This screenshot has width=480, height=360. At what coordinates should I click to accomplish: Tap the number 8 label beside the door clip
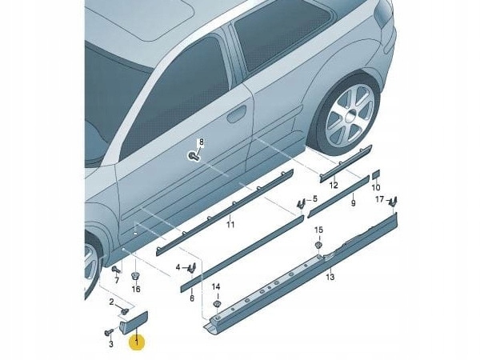point(202,142)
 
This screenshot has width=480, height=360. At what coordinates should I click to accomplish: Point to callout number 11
point(230,226)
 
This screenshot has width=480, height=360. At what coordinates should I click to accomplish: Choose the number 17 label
point(380,198)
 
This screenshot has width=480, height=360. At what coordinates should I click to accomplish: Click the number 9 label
point(352,204)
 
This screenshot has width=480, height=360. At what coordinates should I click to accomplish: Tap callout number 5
point(314,198)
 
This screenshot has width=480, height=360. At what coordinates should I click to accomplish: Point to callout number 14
point(215,286)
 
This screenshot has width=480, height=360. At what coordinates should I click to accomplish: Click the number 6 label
point(192,298)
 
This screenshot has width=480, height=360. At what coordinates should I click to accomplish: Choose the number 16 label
point(135,288)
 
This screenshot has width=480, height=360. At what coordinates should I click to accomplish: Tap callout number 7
point(116,281)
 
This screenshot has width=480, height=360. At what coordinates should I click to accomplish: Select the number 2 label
point(112,301)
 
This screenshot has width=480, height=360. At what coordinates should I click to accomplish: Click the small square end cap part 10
point(375,174)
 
